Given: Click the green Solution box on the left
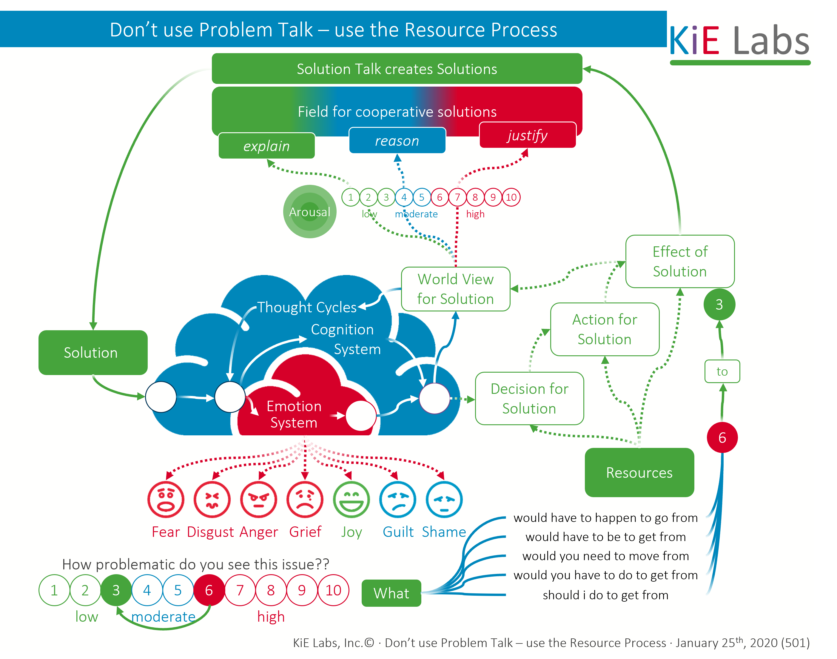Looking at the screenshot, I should pyautogui.click(x=93, y=352).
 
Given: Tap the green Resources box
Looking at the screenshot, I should pyautogui.click(x=639, y=472).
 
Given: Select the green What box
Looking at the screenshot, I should pyautogui.click(x=391, y=593).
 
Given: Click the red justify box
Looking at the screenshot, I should pyautogui.click(x=527, y=135).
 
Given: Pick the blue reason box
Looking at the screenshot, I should pyautogui.click(x=397, y=140).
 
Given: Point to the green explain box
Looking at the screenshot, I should pyautogui.click(x=266, y=146).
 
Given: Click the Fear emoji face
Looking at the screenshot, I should pyautogui.click(x=166, y=499).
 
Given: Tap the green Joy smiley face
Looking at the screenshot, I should pyautogui.click(x=351, y=499).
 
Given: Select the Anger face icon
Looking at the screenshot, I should pyautogui.click(x=258, y=499).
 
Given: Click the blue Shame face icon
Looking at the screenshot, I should pyautogui.click(x=444, y=499).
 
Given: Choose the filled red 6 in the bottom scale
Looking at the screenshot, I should pyautogui.click(x=209, y=590).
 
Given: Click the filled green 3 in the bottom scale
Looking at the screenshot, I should pyautogui.click(x=116, y=590).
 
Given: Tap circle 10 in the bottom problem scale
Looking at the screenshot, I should pyautogui.click(x=333, y=590).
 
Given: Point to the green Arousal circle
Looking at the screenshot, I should pyautogui.click(x=310, y=211).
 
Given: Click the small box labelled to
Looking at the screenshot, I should pyautogui.click(x=722, y=371).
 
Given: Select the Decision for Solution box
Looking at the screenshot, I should pyautogui.click(x=529, y=398).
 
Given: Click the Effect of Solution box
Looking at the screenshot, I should pyautogui.click(x=680, y=261).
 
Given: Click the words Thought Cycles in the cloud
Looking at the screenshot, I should pyautogui.click(x=307, y=307).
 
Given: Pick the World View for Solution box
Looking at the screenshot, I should pyautogui.click(x=455, y=289).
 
